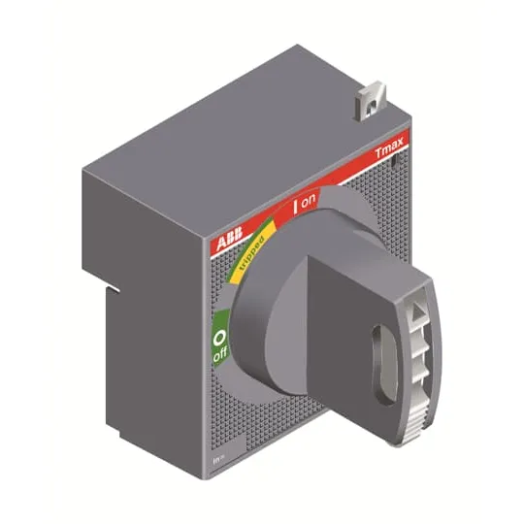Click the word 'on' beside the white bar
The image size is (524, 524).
point(309,201)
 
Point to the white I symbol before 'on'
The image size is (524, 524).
point(295,207)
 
